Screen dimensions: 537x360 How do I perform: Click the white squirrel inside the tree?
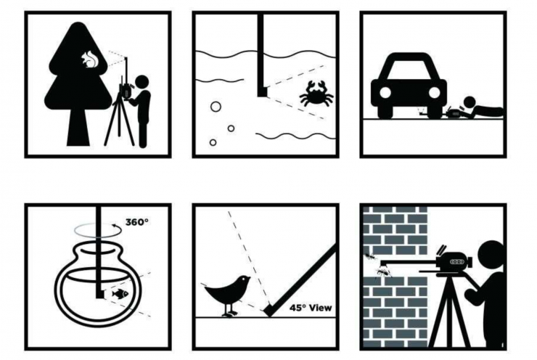pos(89,60)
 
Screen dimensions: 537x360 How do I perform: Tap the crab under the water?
pos(316,94)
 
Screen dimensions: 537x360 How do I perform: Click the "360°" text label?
pos(137,222)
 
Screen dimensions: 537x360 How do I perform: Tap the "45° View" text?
pos(311,308)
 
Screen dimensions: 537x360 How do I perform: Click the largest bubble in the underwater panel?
pos(216,107)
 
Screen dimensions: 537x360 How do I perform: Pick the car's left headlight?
pos(385,92)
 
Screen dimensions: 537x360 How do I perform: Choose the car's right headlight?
pos(434,92)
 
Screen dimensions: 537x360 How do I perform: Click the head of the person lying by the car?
pos(470,102)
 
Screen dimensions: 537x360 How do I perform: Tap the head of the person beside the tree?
pos(142,82)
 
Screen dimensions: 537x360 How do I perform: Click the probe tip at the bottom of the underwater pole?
pos(263,91)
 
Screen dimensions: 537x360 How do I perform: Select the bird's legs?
pos(229,309)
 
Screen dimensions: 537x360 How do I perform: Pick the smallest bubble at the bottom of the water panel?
pos(213,142)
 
